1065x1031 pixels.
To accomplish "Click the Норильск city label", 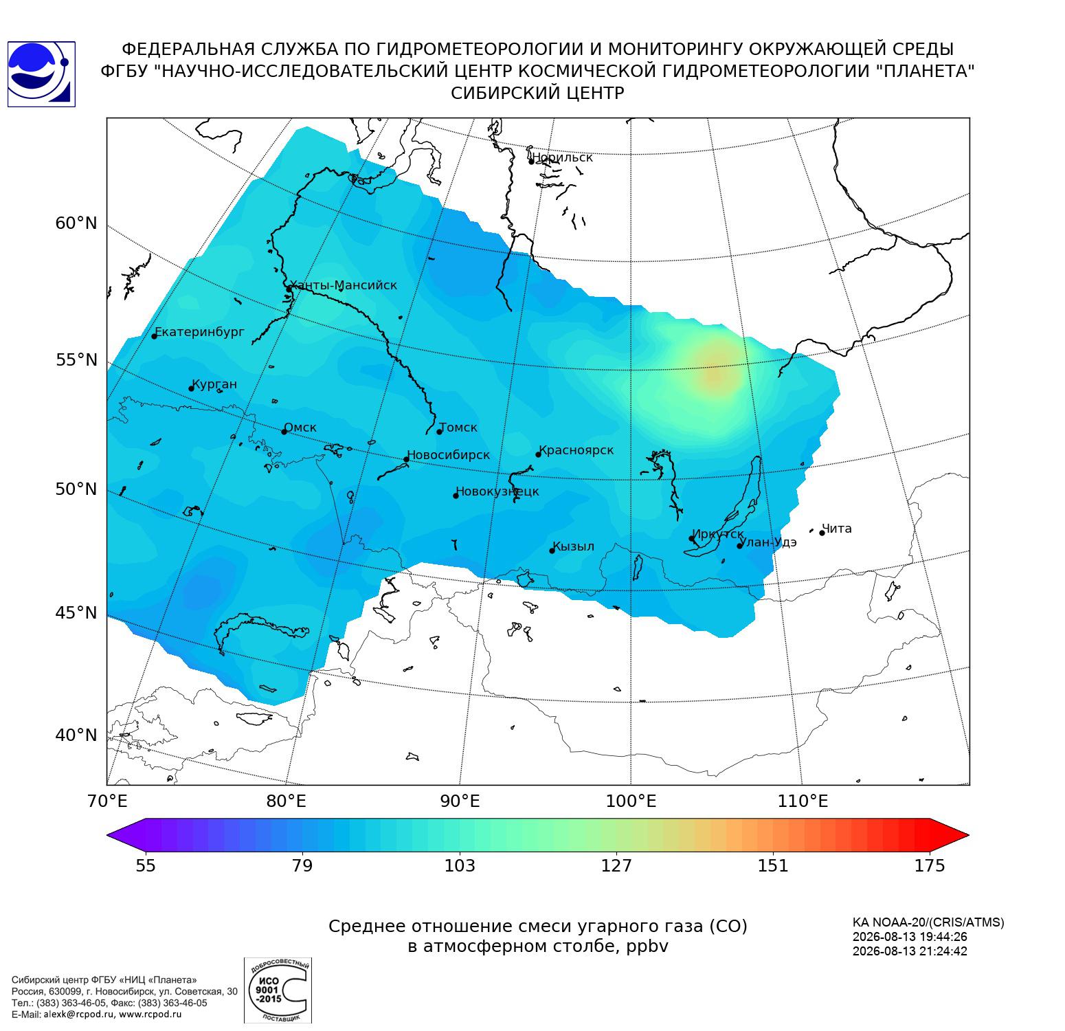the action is pos(562,157).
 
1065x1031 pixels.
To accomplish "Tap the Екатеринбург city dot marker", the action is pos(155,335).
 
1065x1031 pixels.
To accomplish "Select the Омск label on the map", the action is pos(300,428).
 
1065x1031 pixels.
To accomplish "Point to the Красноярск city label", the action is pos(576,451).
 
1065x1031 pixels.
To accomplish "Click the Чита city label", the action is pos(837,529).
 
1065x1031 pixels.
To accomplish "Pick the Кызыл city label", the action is pos(574,546).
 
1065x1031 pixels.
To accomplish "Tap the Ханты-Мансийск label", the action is pos(343,285).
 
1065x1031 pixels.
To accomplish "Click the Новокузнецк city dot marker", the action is pos(456,496).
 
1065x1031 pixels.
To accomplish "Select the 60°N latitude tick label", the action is pos(76,223).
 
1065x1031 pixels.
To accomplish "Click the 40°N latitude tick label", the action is pos(76,735).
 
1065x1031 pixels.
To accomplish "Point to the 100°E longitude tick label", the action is pos(631,801).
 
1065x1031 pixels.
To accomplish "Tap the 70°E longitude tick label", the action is pos(106,801).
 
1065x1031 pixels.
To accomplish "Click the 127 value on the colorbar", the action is pos(616,865).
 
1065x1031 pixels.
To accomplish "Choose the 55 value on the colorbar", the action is pos(146,865).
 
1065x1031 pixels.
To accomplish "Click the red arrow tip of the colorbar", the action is pos(968,835).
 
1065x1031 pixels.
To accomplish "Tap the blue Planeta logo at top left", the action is pos(41,74).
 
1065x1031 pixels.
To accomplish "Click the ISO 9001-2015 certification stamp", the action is pos(278,990).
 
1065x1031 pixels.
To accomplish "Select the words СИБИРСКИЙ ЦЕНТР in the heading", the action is pos(538,93).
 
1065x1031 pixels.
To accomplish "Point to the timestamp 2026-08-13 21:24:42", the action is pos(910,951).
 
